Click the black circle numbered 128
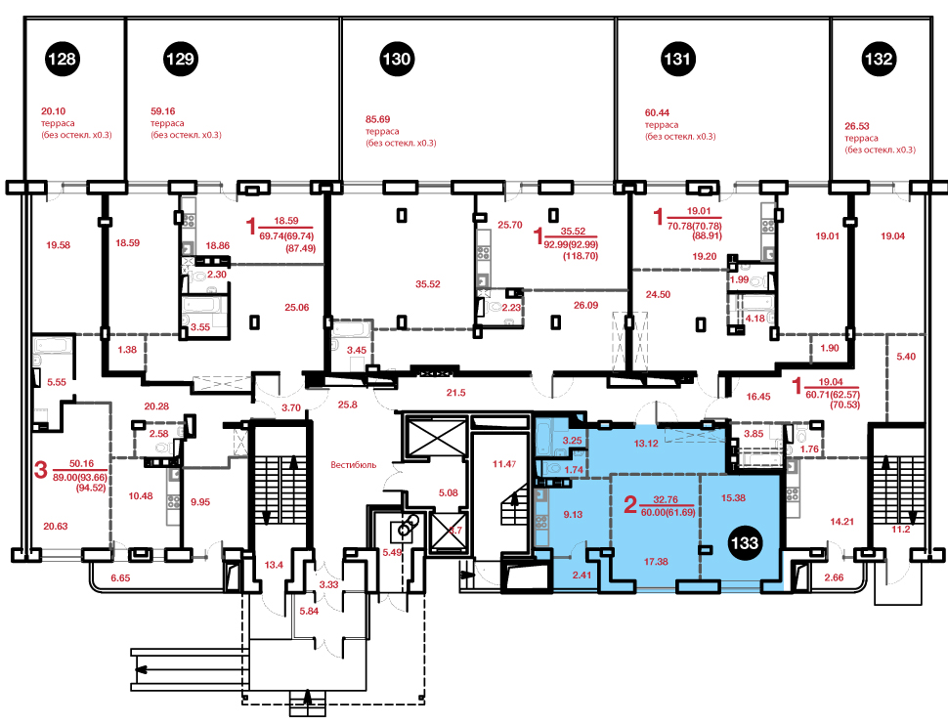[x=63, y=59]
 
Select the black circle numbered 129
[x=180, y=59]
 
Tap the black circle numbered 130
[x=397, y=59]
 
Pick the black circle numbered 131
[x=677, y=59]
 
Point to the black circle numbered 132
[x=879, y=59]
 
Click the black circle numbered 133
[x=745, y=542]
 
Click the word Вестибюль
[x=353, y=465]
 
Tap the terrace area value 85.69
[x=378, y=120]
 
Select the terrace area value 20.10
[x=53, y=111]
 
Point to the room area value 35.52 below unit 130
[x=427, y=284]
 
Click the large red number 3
[x=40, y=469]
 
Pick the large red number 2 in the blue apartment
[x=630, y=504]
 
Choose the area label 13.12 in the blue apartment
[x=646, y=444]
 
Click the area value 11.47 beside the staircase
[x=504, y=464]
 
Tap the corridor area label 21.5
[x=455, y=393]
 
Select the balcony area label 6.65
[x=120, y=578]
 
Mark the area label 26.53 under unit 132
[x=857, y=126]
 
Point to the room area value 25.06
[x=297, y=307]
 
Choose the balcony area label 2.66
[x=834, y=577]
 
